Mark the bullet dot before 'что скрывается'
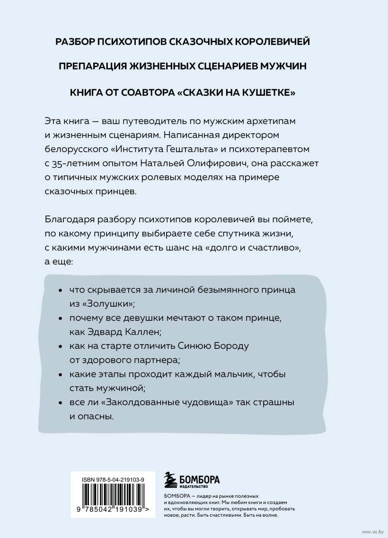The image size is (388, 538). coord(59,289)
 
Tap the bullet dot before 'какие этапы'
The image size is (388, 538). coord(59,374)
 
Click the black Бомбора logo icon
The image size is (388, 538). coord(168,479)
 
